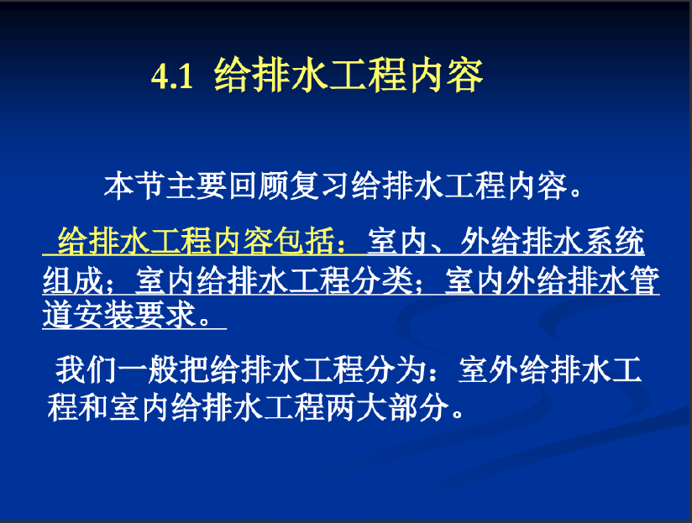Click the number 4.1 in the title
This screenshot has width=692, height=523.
(x=172, y=76)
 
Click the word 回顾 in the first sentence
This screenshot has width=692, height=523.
(x=258, y=186)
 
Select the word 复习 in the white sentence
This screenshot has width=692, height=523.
(x=319, y=186)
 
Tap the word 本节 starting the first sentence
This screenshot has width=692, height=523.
(x=134, y=186)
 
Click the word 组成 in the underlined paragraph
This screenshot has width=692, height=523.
(x=73, y=280)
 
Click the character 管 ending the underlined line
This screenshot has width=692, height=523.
(x=645, y=280)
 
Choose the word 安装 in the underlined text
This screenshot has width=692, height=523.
(x=104, y=315)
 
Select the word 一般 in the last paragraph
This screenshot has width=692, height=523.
(x=148, y=369)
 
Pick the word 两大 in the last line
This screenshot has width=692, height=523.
(x=357, y=407)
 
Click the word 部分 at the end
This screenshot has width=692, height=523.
(x=419, y=407)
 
